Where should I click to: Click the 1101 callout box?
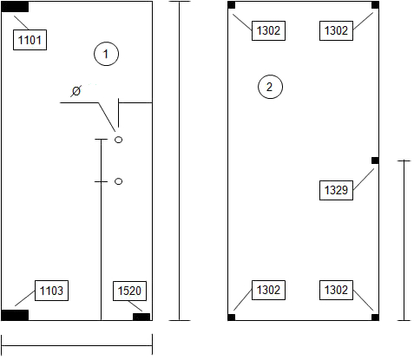(x=30, y=40)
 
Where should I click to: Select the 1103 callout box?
(x=51, y=291)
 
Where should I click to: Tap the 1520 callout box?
(x=129, y=291)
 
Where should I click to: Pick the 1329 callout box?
(x=336, y=190)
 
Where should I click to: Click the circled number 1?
(x=106, y=54)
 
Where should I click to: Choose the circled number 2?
(x=270, y=87)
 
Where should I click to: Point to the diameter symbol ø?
(x=76, y=91)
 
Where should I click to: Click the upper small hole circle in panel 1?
(x=119, y=140)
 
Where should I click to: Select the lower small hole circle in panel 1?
(x=119, y=181)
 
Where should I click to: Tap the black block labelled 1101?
(x=15, y=7)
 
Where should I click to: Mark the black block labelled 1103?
(x=15, y=315)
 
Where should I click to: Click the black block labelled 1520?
(x=141, y=317)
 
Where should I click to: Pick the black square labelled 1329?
(x=375, y=160)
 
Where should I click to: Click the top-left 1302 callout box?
(x=268, y=30)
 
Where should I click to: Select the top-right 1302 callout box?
(x=336, y=30)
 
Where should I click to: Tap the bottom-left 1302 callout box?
(x=268, y=290)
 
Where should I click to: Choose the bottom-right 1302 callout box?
(x=336, y=290)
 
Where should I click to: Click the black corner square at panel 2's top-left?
(x=232, y=5)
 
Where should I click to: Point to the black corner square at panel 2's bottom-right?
(x=375, y=317)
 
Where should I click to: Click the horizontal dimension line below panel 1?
(x=77, y=345)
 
